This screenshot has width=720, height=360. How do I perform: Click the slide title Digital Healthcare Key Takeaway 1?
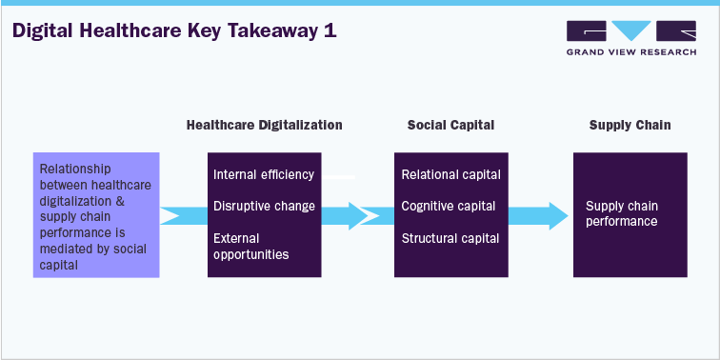point(172,31)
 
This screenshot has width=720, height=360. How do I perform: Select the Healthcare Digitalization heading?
point(264,125)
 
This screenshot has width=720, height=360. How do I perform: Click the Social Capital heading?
point(450,125)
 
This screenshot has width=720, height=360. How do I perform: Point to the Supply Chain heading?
point(630,125)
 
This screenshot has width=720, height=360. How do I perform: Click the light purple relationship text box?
point(96,214)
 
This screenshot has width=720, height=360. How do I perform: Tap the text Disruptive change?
point(264,206)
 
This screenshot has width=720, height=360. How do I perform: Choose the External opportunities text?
point(250,246)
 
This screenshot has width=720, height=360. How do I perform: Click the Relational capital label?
point(450,175)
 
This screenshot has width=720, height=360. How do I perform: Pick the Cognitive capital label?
point(449,206)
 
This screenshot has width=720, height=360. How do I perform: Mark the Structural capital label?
point(450,238)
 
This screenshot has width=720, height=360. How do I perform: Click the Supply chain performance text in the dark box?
point(622,213)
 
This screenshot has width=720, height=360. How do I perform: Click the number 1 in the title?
point(330,31)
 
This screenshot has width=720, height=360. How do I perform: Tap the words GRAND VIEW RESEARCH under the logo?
point(630,52)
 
